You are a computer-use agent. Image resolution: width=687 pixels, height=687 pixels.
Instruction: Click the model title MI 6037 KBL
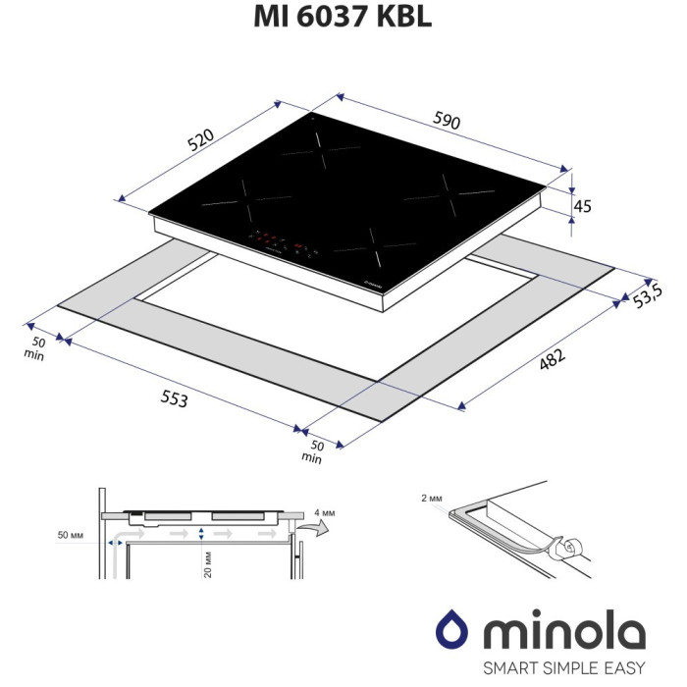click(x=343, y=18)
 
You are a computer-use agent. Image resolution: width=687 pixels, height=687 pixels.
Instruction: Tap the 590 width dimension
click(x=447, y=120)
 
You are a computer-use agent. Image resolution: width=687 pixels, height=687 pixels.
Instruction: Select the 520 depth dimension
click(x=200, y=139)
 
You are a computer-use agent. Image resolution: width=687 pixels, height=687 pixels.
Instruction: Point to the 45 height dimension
click(x=582, y=206)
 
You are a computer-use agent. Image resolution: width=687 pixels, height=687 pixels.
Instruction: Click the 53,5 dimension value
click(x=647, y=295)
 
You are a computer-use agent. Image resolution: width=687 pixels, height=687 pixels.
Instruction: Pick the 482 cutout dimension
click(x=552, y=359)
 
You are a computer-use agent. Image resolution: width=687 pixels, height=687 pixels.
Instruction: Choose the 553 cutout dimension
click(x=175, y=398)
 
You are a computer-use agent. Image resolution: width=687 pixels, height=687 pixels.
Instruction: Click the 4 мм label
click(x=324, y=512)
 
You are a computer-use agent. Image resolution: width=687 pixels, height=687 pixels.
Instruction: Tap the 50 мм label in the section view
click(x=70, y=535)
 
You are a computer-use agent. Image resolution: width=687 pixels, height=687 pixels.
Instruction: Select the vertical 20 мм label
click(x=208, y=564)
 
